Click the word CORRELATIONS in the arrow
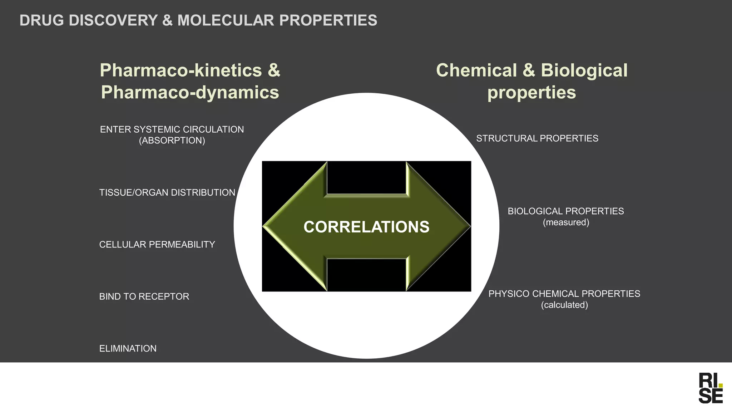click(x=366, y=227)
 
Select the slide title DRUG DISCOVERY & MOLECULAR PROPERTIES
click(x=198, y=20)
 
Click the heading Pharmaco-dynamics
click(x=190, y=92)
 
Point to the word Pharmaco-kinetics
click(x=181, y=70)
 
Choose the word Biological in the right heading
click(x=584, y=70)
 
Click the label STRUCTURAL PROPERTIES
click(x=537, y=138)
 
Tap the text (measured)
click(x=566, y=222)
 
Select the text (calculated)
click(x=564, y=305)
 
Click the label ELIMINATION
click(x=128, y=349)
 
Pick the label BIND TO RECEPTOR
click(x=144, y=296)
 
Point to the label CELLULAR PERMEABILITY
click(x=157, y=245)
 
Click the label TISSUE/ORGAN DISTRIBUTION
click(x=167, y=193)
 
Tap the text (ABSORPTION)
click(x=172, y=141)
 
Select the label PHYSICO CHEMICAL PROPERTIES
click(x=564, y=294)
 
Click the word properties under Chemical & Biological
click(x=531, y=92)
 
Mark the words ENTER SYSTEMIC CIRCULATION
click(x=172, y=129)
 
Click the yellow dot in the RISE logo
click(x=721, y=386)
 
